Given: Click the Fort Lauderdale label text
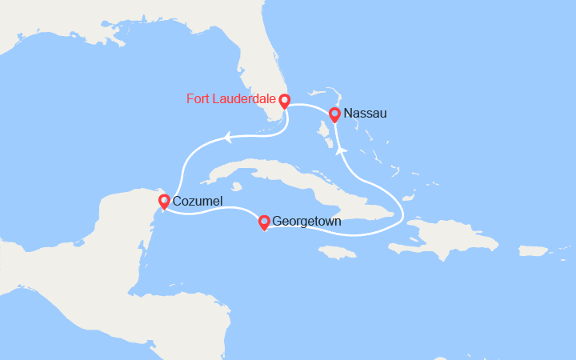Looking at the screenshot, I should click(230, 99).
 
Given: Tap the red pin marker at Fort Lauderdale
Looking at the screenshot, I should click(284, 101).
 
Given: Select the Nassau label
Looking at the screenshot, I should click(365, 114).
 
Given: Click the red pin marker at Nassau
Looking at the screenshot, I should click(335, 114).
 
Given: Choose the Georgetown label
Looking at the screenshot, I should click(306, 220).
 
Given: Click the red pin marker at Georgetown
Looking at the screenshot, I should click(264, 220).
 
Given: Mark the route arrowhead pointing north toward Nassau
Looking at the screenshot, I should click(342, 150).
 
